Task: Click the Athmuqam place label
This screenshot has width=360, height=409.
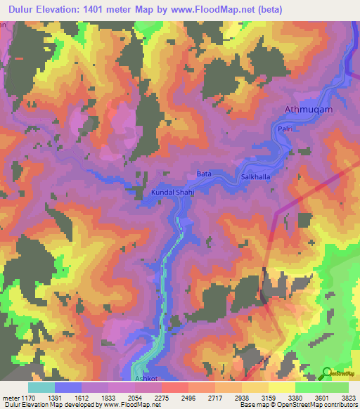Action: (x=307, y=110)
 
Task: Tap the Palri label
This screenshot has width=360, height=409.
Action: (x=284, y=129)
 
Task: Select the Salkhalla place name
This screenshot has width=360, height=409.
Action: (x=255, y=178)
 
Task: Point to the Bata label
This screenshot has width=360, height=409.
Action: (x=204, y=174)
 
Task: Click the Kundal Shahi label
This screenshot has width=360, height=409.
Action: (x=172, y=191)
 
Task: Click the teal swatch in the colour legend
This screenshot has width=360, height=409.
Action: (x=41, y=387)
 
